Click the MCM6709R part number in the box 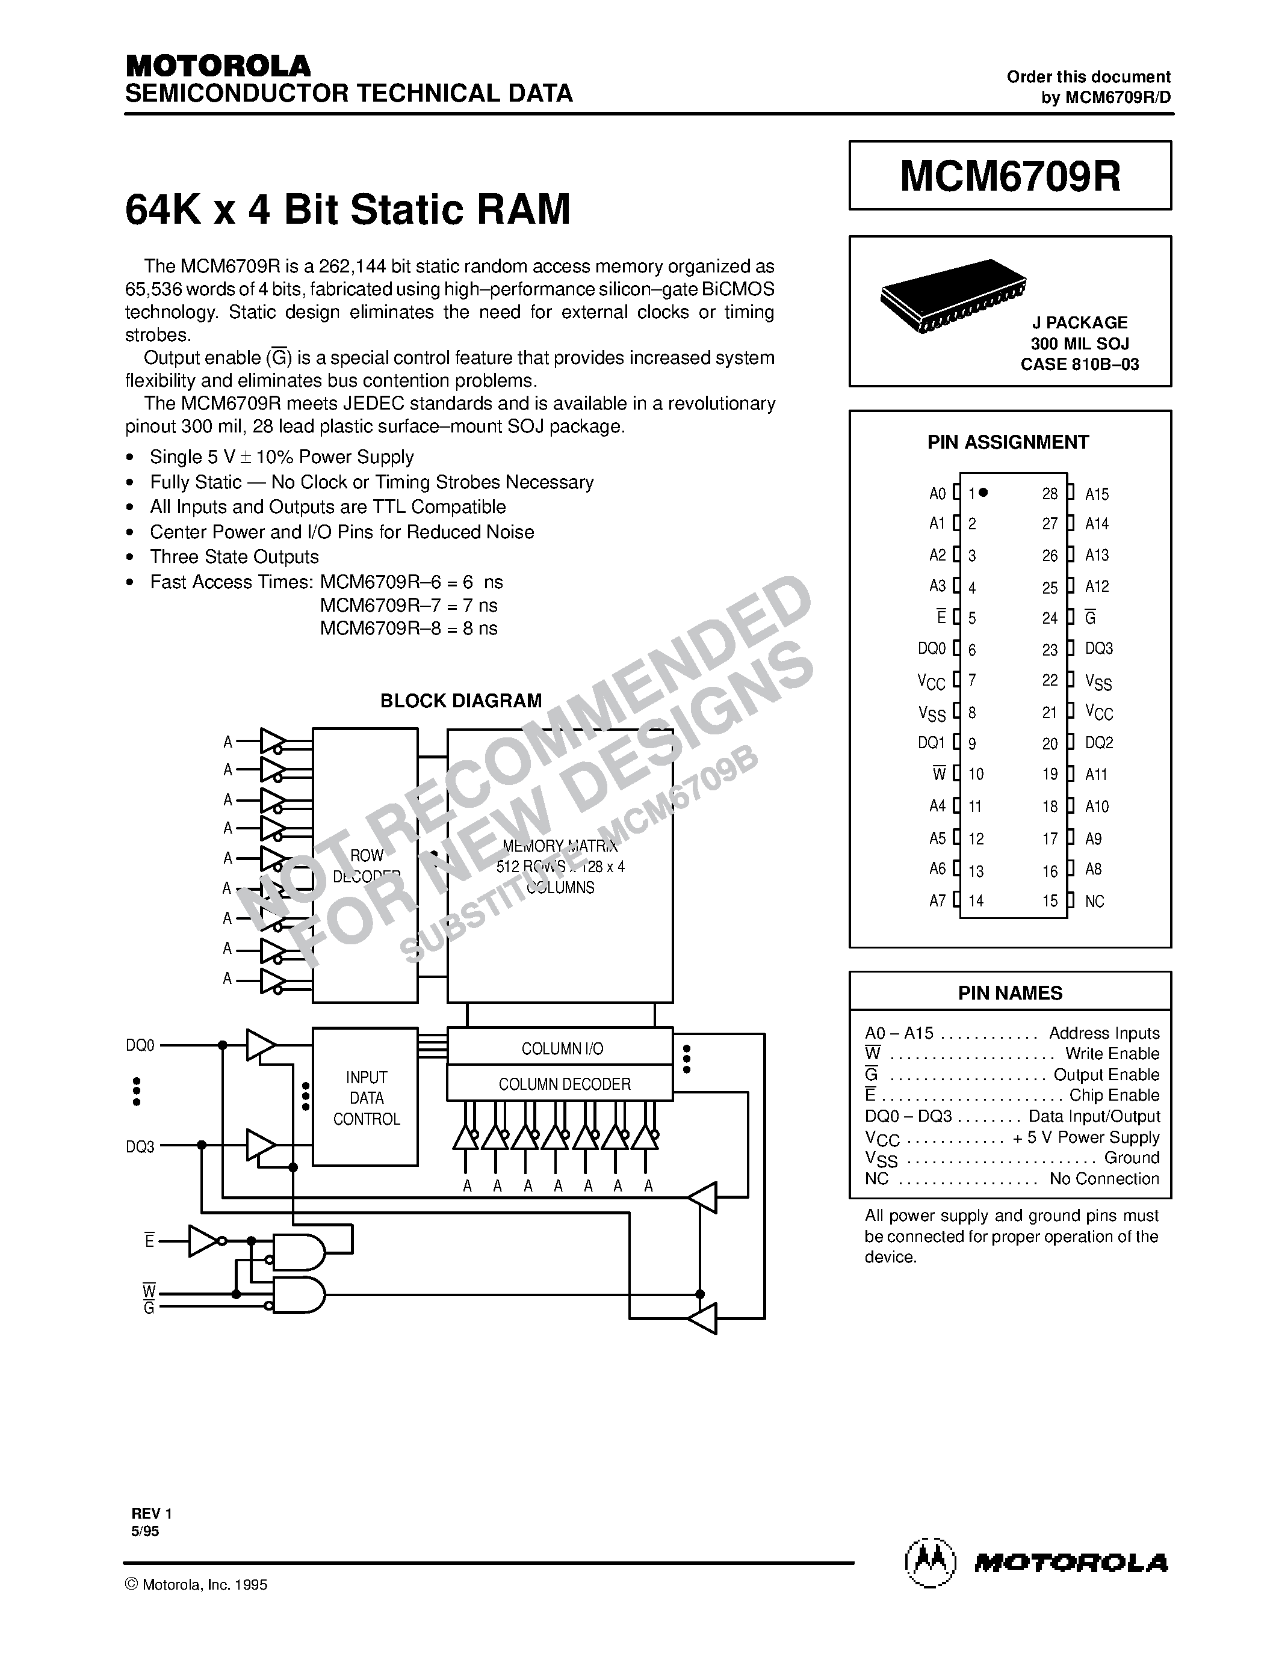(1009, 176)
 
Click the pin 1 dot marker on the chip (983, 492)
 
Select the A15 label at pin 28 (1097, 494)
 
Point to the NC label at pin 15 (1094, 901)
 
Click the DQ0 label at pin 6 (931, 648)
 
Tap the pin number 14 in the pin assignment (975, 901)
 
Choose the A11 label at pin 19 (1095, 774)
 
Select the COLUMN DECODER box (564, 1084)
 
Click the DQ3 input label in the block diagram (140, 1146)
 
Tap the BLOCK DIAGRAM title (460, 701)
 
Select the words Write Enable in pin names (1112, 1053)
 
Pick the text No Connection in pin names (1104, 1178)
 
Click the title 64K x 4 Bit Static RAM (347, 210)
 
